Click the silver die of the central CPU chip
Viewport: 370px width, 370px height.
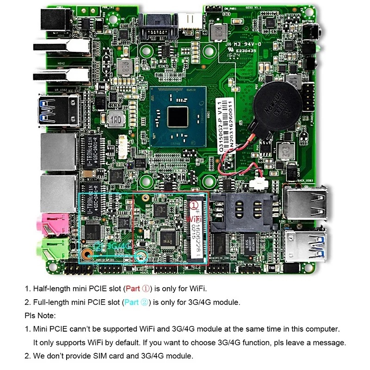(178, 116)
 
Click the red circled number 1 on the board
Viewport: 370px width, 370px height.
(195, 203)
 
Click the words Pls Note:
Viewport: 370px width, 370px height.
(40, 316)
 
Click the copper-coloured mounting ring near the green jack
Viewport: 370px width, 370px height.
(86, 254)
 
